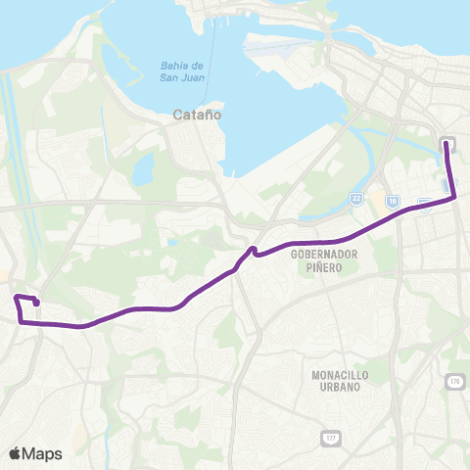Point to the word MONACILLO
coord(338,375)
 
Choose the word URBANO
coord(338,387)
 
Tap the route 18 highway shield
coord(393,201)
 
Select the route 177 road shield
coord(332,437)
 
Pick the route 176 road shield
coord(454,380)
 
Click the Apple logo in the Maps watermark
coord(15,453)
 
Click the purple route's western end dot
coord(36,305)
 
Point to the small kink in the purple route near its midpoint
coord(254,251)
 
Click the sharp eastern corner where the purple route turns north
coord(455,198)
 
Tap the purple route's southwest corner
coord(21,316)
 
